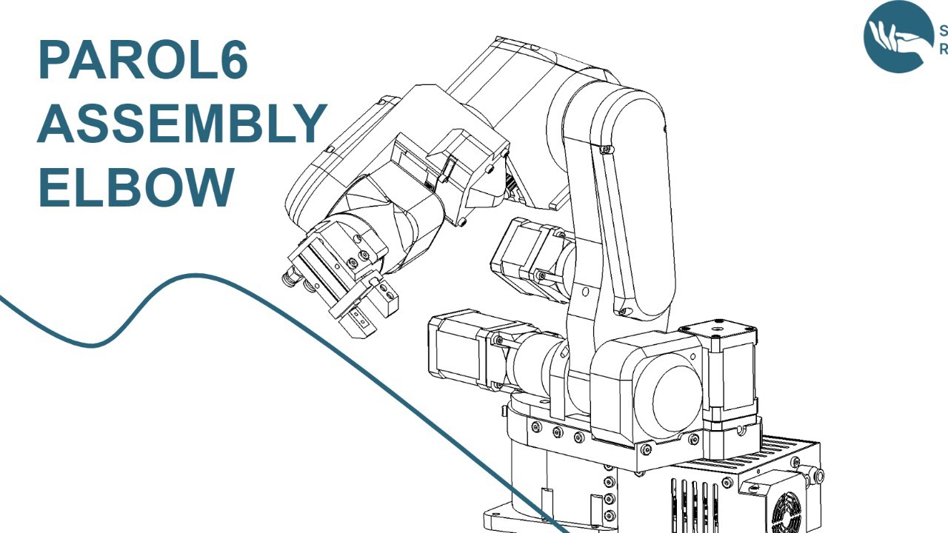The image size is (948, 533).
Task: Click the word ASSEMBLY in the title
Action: click(181, 124)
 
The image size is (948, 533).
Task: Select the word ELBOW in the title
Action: click(136, 187)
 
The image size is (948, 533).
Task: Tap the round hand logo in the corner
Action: click(898, 36)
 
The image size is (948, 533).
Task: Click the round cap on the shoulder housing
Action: click(675, 400)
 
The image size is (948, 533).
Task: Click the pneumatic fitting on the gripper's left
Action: click(289, 280)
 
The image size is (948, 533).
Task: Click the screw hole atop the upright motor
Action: click(717, 325)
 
